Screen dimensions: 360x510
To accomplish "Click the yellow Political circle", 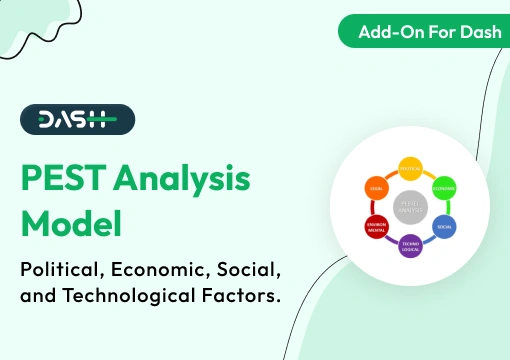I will [410, 168].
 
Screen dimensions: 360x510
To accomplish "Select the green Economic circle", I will [444, 187].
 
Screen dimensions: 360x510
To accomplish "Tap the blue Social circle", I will [443, 226].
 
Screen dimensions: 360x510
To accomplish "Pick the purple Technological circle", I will [410, 245].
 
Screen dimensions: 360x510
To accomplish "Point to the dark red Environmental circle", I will [377, 226].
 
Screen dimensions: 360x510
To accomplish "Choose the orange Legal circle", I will [377, 187].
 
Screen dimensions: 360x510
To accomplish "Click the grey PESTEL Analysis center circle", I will [410, 206].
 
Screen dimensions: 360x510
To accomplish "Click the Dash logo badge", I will [77, 119].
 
